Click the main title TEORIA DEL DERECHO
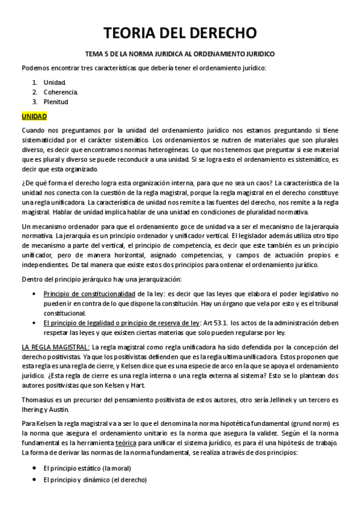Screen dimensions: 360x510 coord(180,32)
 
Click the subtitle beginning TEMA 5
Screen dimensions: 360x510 coord(180,54)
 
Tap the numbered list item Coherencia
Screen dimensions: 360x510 coord(61,92)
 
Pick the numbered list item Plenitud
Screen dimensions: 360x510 coord(56,102)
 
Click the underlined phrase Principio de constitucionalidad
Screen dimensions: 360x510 coord(89,294)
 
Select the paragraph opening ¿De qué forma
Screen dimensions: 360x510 coord(180,196)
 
